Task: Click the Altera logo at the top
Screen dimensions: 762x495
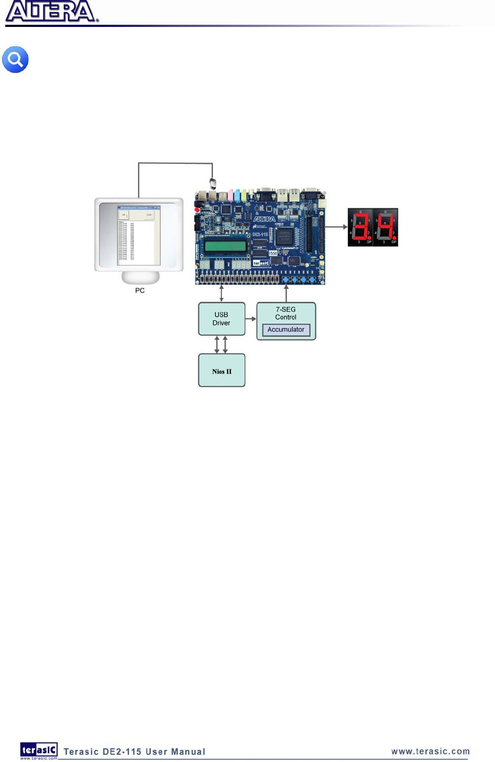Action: point(51,12)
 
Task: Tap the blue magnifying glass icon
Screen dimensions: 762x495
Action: point(15,60)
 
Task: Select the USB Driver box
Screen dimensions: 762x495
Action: point(222,319)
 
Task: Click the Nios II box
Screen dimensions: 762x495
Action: point(222,371)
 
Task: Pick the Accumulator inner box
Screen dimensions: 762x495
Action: point(286,330)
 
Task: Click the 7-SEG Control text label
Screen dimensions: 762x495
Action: point(286,313)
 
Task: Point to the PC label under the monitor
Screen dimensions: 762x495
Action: point(140,291)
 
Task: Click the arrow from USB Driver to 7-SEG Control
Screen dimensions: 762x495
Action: point(251,319)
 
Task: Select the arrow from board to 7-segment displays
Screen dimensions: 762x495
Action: point(336,227)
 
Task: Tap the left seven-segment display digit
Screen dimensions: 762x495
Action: point(360,227)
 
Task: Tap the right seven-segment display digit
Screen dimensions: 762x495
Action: point(385,227)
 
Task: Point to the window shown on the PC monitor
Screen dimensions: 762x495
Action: point(139,235)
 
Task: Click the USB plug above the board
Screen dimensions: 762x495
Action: point(213,183)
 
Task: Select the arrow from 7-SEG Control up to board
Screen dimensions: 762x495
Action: point(286,294)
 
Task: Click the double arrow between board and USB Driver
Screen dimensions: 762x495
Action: point(221,294)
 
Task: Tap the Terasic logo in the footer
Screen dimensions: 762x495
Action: point(39,750)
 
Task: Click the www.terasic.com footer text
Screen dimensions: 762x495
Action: point(430,751)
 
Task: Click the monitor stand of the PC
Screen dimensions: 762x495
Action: point(140,277)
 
